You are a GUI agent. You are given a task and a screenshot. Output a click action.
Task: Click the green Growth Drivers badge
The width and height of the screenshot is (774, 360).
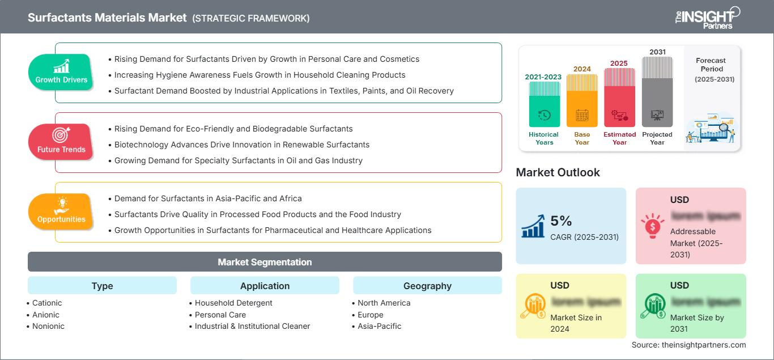tap(61, 72)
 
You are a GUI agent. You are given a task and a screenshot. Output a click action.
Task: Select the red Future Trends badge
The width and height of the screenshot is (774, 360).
tap(61, 142)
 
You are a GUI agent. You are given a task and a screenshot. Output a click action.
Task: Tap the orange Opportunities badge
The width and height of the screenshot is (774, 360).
tap(61, 211)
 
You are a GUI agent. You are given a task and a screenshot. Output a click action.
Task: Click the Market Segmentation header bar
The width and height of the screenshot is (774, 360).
tap(265, 262)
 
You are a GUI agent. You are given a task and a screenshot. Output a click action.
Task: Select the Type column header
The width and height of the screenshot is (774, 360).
tap(102, 286)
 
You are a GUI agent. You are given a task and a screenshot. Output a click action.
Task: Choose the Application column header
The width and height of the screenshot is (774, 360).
tap(265, 286)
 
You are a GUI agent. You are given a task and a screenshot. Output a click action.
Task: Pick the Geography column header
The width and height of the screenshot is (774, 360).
tap(427, 286)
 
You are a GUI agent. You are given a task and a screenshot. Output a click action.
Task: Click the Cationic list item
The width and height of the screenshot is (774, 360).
tap(47, 303)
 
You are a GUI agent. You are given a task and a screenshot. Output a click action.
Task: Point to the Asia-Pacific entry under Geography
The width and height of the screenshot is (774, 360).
tap(379, 326)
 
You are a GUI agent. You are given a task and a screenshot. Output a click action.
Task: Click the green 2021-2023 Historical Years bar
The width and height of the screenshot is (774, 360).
tap(544, 105)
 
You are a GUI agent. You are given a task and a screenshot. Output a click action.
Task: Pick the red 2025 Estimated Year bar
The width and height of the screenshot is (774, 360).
tap(619, 96)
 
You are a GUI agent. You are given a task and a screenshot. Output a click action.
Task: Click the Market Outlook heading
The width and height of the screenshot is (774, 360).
tap(558, 172)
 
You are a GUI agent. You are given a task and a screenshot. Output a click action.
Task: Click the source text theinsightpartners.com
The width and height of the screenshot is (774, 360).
tap(688, 345)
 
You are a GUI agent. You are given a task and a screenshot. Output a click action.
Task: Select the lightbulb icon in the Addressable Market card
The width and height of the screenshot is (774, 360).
tap(653, 226)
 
